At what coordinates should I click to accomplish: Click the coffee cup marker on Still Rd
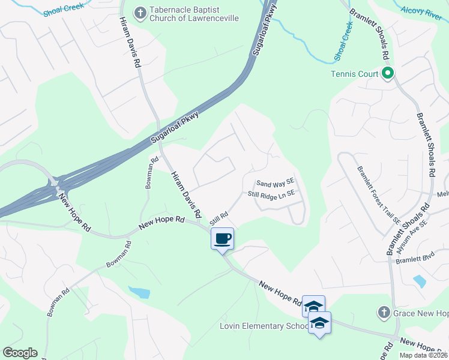tap(222, 239)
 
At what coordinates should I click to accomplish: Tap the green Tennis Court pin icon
tap(388, 74)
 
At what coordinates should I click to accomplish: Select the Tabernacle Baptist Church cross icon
tap(140, 13)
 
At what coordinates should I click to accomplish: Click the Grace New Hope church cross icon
tap(384, 313)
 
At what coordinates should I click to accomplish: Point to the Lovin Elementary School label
tap(264, 326)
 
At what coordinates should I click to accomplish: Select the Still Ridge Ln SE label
tap(272, 194)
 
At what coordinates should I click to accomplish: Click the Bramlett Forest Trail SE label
tap(378, 196)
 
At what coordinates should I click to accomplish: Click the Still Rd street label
tap(219, 219)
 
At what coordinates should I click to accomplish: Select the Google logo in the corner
tap(20, 353)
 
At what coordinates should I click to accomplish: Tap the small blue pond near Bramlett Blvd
tap(420, 280)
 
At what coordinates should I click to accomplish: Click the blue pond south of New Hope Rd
tap(140, 292)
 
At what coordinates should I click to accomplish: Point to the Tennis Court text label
tap(355, 74)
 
